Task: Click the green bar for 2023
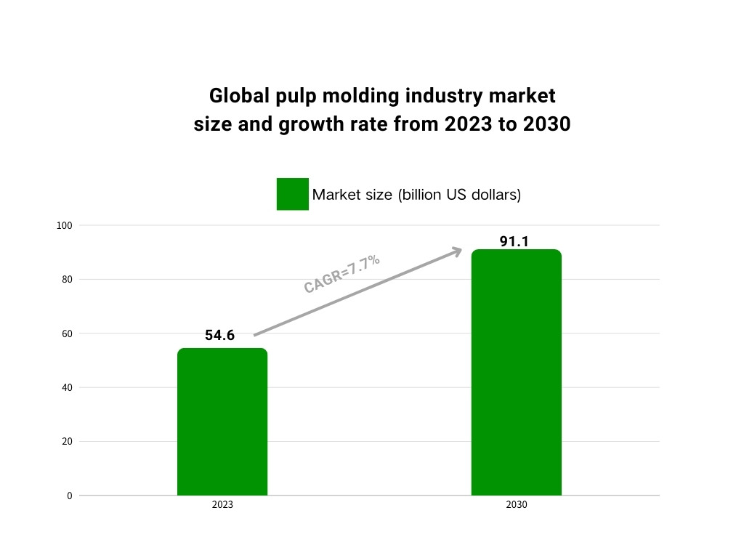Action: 222,421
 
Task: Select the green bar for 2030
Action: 516,372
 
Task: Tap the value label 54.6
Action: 220,335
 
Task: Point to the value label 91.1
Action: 514,241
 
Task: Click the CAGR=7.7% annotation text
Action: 342,275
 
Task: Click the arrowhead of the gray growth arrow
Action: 456,251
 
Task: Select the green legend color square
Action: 292,194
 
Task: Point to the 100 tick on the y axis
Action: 65,226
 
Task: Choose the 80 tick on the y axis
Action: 66,280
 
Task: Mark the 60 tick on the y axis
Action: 66,333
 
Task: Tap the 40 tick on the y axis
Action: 66,387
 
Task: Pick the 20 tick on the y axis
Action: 66,441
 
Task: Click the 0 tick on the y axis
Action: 70,496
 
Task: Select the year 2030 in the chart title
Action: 545,124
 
